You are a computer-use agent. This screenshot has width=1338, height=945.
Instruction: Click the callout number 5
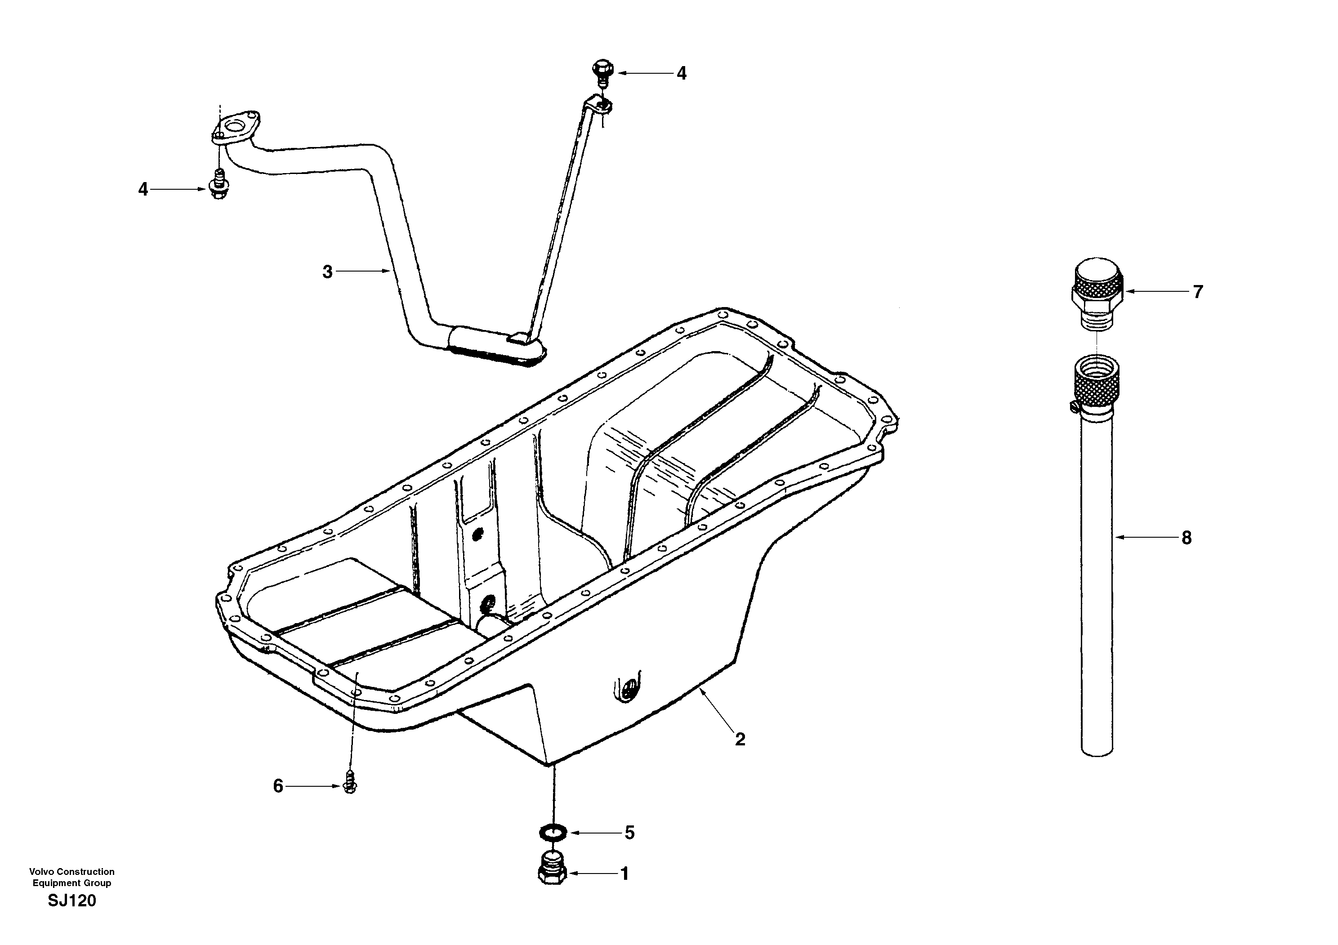[629, 833]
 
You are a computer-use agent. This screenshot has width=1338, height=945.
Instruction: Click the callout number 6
[278, 787]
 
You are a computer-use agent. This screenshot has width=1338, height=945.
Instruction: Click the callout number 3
[327, 272]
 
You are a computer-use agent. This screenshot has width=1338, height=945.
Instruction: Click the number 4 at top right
[681, 73]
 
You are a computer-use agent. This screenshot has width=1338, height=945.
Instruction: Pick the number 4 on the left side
[143, 189]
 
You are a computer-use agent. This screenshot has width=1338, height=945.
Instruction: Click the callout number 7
[1198, 292]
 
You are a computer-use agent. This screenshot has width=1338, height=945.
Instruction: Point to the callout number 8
[1186, 538]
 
